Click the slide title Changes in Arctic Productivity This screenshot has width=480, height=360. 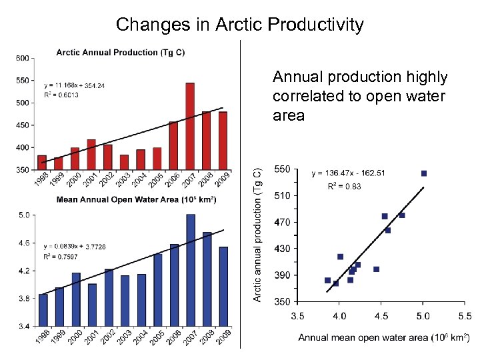[240, 25]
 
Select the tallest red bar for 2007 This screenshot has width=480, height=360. [190, 127]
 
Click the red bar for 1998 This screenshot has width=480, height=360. [42, 163]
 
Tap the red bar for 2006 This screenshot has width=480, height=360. [173, 146]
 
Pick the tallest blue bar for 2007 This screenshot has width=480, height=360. [191, 270]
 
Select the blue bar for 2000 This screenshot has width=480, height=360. [76, 299]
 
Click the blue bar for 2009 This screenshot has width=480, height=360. [224, 287]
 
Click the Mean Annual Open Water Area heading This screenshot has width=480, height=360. [136, 199]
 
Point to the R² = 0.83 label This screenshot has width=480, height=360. [344, 187]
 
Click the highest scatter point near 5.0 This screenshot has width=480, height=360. [423, 173]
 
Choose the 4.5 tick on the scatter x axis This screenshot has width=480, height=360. [381, 315]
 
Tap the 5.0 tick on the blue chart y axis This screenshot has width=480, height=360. [23, 215]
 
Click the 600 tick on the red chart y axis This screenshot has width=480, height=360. [23, 58]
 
